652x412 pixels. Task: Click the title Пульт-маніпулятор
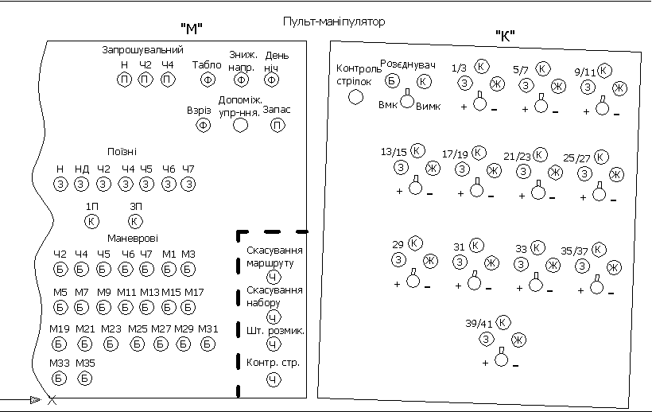click(334, 21)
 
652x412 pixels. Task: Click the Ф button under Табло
click(207, 80)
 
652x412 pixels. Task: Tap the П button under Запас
click(277, 125)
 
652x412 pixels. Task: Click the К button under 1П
click(92, 221)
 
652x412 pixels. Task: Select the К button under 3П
click(135, 221)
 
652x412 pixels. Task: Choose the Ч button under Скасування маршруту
click(272, 277)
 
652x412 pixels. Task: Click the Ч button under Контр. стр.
click(272, 380)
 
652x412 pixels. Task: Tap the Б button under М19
click(60, 344)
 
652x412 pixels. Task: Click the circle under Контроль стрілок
click(356, 96)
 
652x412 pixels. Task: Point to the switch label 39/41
click(479, 324)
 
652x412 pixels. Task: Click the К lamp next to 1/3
click(482, 67)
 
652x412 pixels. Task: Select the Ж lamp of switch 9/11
click(620, 87)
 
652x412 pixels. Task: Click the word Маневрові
click(133, 238)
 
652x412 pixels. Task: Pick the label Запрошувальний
click(143, 50)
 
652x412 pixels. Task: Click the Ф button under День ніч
click(272, 80)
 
